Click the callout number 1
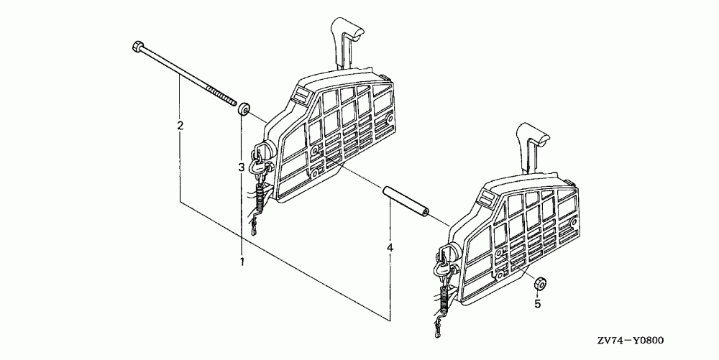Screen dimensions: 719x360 pos(242,262)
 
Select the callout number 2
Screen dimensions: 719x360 pos(180,126)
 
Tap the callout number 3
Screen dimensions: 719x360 pos(242,167)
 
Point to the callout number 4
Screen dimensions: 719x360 pos(390,248)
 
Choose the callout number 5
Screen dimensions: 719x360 pos(536,304)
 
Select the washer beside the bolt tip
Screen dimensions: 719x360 pos(244,109)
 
